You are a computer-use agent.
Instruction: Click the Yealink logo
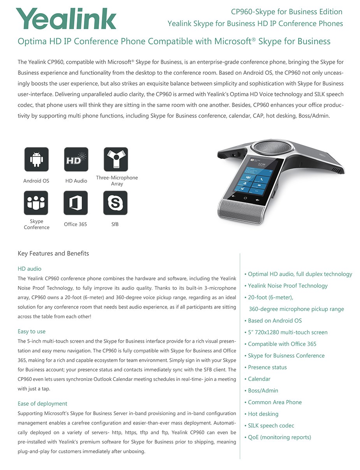point(66,19)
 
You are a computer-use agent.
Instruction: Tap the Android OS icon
point(37,159)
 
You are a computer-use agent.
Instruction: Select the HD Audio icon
point(76,159)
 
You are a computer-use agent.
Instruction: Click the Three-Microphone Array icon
point(116,159)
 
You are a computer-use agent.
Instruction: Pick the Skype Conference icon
point(36,203)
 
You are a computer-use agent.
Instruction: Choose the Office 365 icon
point(76,203)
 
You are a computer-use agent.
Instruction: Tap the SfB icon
point(115,203)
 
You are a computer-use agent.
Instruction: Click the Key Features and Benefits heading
point(53,253)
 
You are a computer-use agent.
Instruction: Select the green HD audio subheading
point(30,268)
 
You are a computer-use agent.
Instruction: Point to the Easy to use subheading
point(32,331)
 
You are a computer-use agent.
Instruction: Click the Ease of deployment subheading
point(42,403)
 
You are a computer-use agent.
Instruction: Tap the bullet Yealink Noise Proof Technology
point(288,286)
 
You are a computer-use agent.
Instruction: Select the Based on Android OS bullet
point(275,321)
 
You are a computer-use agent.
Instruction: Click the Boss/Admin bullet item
point(263,391)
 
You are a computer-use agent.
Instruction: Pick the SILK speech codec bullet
point(271,426)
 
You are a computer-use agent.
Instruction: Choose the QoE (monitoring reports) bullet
point(279,437)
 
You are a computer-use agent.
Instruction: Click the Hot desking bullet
point(263,414)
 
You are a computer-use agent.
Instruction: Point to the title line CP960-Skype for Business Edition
point(286,12)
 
